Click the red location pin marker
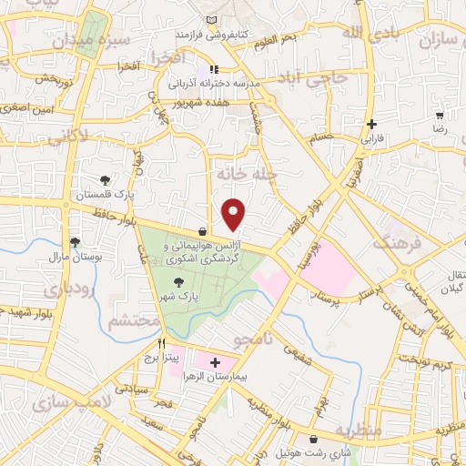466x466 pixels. tap(234, 214)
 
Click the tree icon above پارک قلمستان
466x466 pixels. tap(107, 179)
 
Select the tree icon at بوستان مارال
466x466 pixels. tap(75, 242)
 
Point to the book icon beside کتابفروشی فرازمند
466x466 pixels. tap(212, 20)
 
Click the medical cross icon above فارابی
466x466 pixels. tap(371, 124)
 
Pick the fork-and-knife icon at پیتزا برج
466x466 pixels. tap(162, 344)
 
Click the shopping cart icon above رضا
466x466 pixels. tap(441, 116)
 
